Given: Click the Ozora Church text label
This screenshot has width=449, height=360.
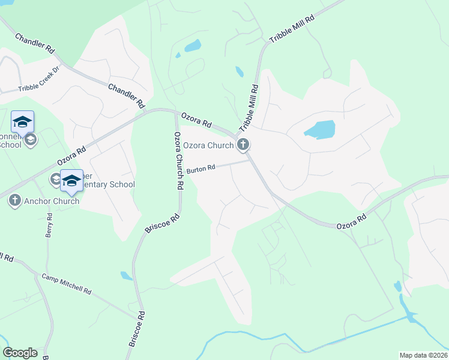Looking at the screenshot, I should click(208, 145).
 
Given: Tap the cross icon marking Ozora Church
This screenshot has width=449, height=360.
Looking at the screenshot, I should click(243, 144).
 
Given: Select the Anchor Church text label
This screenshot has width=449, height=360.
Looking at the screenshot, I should click(52, 201).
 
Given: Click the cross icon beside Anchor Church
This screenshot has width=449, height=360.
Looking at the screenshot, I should click(15, 200).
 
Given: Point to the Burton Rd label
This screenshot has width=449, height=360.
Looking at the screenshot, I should click(200, 170).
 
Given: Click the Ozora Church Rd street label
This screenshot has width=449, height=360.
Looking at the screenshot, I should click(178, 161).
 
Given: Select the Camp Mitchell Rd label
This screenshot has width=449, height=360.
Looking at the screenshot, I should click(66, 284).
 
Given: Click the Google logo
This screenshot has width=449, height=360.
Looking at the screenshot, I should click(20, 353).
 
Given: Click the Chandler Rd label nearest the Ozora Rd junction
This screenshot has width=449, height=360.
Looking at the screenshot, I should click(127, 95).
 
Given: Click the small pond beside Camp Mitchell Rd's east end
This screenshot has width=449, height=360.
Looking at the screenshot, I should click(126, 276).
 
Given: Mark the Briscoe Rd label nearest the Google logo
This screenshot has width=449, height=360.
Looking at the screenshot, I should click(137, 329).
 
